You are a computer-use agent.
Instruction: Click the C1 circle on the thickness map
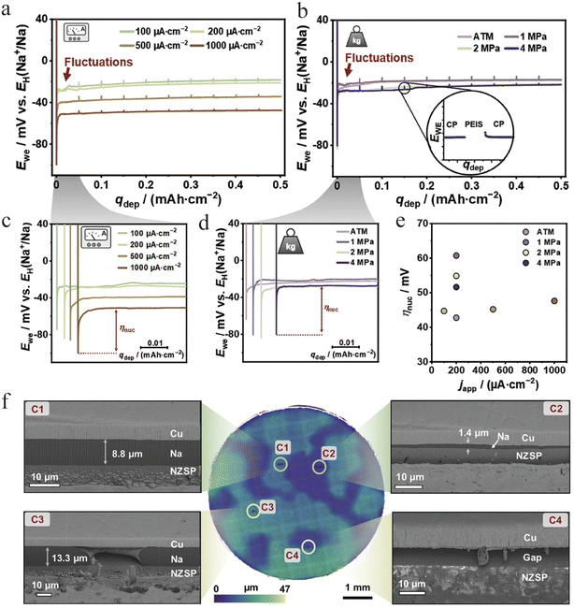pyautogui.click(x=280, y=463)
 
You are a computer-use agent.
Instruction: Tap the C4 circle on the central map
pyautogui.click(x=309, y=546)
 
